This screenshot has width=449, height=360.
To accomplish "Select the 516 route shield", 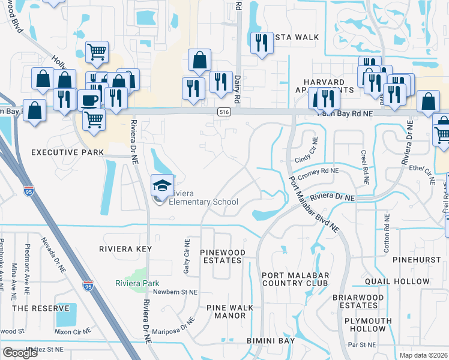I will (x=224, y=112).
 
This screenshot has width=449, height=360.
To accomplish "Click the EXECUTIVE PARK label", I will (x=64, y=152).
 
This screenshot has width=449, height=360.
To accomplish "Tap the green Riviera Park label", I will (x=137, y=283).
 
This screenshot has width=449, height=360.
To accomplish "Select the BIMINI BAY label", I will (x=271, y=341).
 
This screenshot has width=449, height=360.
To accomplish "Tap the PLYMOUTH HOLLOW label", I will (x=365, y=325).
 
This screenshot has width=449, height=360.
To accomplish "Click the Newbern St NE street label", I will (x=175, y=292).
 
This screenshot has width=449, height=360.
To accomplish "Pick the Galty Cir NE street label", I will (x=187, y=257).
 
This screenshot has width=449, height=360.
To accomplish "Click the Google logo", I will (x=20, y=352).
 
